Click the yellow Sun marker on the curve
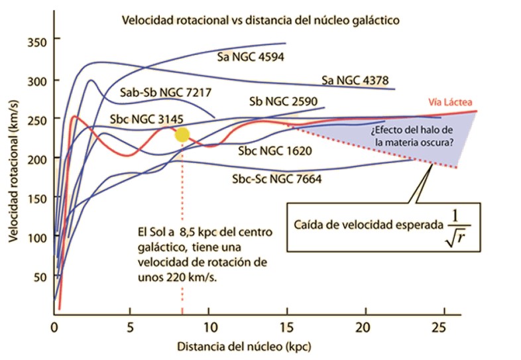pos(182,135)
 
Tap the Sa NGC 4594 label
pos(251,57)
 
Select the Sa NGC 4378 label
pos(355,80)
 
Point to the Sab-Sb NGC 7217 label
pos(166,92)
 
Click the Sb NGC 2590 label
pos(284,101)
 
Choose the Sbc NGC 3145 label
pos(146,119)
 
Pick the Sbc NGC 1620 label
pos(275,151)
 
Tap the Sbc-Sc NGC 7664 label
pos(277,179)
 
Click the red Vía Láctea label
pos(450,102)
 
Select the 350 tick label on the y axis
pos(37,42)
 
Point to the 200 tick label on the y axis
pos(37,160)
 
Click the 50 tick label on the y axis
pos(40,277)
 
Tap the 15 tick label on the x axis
pos(286,328)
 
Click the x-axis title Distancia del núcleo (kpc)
pos(244,346)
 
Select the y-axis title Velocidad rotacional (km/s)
pos(13,171)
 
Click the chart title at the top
pos(260,21)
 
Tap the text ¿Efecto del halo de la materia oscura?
pos(412,137)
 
